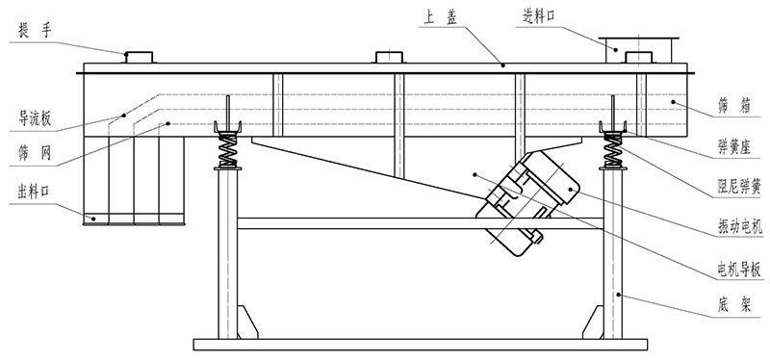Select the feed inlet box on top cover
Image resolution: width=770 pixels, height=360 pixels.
tap(636, 45)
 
